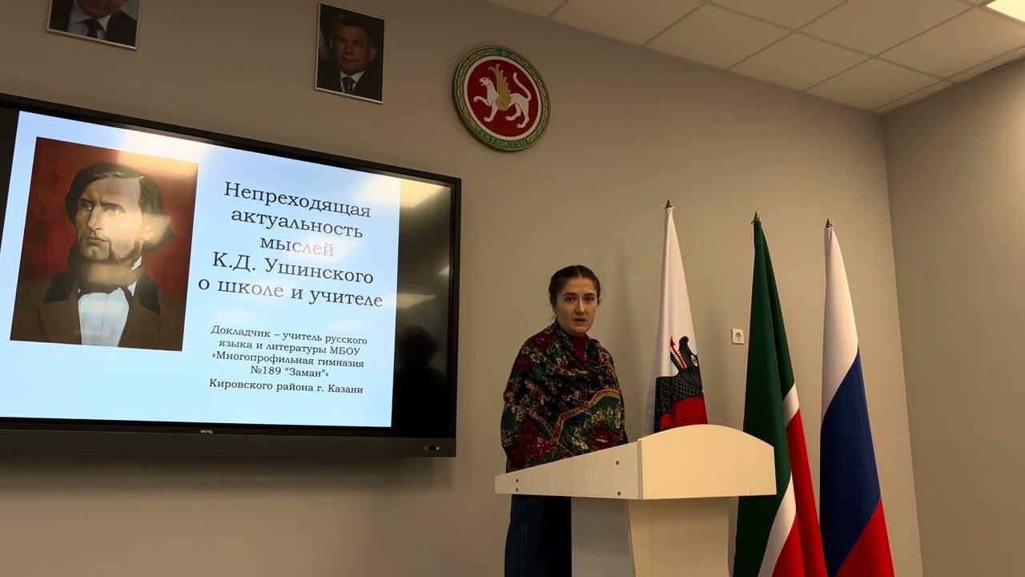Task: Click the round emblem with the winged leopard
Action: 501,98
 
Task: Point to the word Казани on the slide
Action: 340,389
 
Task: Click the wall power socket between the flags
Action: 738,336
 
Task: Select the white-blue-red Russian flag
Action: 854,417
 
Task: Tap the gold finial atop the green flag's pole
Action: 755,216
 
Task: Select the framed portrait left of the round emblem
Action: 350,53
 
